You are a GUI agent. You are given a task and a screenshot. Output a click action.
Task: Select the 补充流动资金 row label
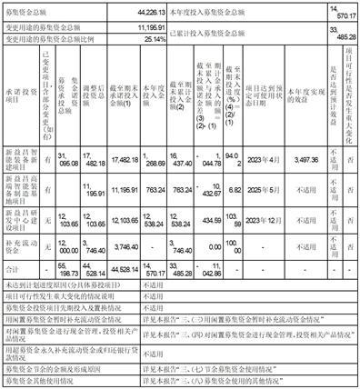tap(20, 271)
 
